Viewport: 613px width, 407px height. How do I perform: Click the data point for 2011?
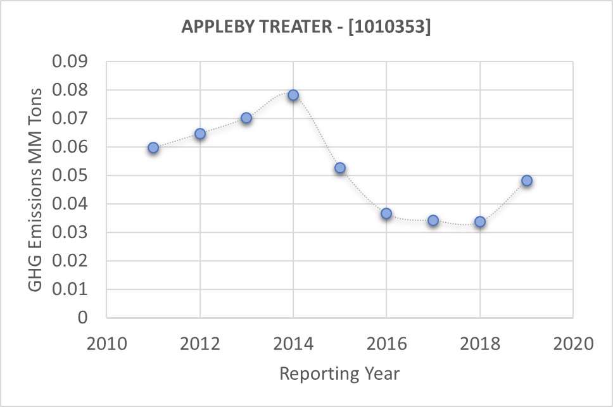point(153,147)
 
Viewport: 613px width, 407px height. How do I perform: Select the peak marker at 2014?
point(293,96)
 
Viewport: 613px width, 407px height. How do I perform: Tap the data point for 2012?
point(200,134)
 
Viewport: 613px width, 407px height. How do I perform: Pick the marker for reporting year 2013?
point(246,118)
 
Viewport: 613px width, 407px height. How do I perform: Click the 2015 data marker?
point(340,168)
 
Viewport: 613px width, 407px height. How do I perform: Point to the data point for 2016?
point(386,213)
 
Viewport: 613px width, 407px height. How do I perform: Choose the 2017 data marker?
point(433,220)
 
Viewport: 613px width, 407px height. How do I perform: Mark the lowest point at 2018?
point(480,222)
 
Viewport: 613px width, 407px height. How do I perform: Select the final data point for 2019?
point(527,180)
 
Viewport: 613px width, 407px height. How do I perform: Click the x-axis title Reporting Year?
point(339,373)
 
